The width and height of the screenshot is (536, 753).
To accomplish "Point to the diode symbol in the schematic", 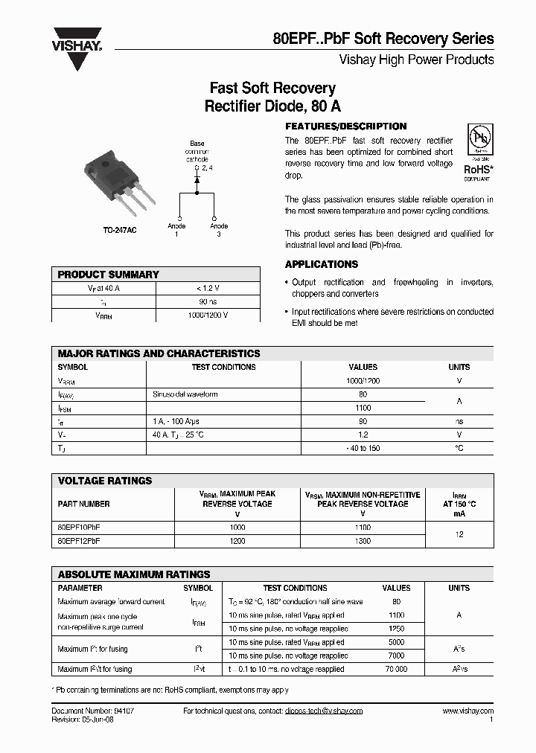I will tap(197, 180).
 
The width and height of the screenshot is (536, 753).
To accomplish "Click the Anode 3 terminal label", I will tap(219, 230).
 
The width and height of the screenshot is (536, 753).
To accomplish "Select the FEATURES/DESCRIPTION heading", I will tap(346, 126).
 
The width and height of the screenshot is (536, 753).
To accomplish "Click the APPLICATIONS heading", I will tap(322, 264).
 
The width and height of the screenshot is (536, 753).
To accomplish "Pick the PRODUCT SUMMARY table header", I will tap(109, 275).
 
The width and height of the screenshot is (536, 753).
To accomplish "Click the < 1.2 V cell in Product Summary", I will tap(208, 288).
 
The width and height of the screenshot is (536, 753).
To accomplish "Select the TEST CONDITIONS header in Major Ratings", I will tap(223, 367).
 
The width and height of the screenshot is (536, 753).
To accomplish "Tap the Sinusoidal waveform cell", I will tap(185, 394).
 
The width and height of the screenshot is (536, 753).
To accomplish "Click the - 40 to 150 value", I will tap(363, 448).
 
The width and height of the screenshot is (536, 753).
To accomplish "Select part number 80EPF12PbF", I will tap(79, 542).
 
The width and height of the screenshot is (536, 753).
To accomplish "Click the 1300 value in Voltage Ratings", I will tap(363, 542).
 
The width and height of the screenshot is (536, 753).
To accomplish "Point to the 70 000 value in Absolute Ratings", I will tap(395, 670).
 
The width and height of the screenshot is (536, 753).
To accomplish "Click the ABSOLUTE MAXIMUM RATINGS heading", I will tap(134, 574).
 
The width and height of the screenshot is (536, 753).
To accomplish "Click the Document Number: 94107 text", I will tap(93, 711).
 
